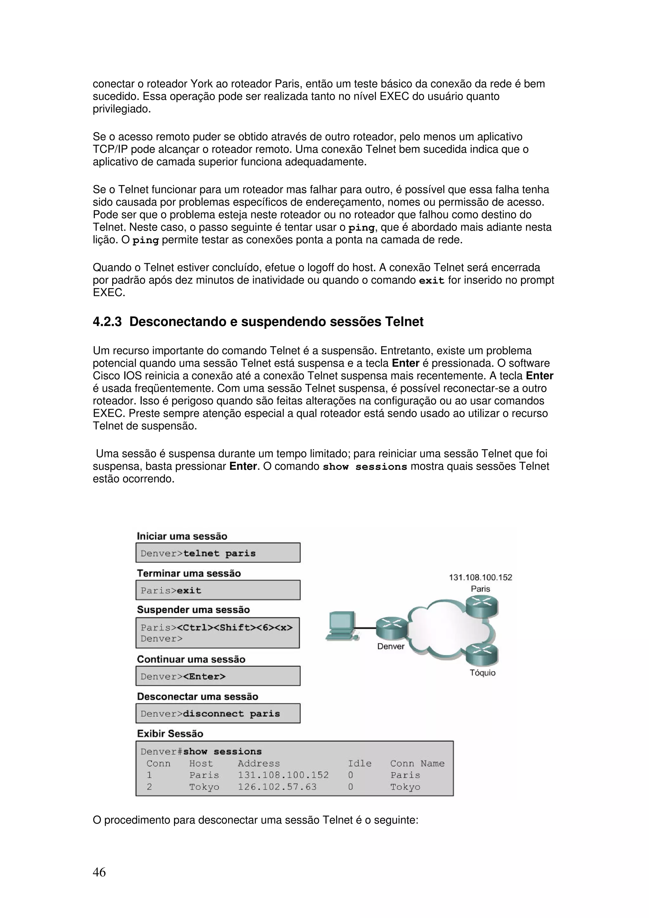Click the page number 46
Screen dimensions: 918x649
tap(99, 872)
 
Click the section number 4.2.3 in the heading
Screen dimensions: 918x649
tap(107, 322)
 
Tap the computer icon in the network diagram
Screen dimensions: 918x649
tap(341, 626)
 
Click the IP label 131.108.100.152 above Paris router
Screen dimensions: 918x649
tap(480, 577)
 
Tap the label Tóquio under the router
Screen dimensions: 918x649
tap(482, 673)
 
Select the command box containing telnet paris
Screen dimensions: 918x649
tap(218, 553)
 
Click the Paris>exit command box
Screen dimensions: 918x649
tap(218, 590)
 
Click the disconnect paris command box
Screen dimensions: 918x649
tap(218, 713)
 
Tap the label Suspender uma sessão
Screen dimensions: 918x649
tap(193, 610)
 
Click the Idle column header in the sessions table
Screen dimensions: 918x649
tap(359, 763)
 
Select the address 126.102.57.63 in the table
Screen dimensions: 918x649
tap(277, 787)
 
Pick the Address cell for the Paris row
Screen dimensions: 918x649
tap(283, 775)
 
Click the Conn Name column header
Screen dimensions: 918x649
tap(417, 763)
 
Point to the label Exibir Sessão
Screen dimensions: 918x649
tap(170, 733)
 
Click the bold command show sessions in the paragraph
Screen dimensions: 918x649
tap(365, 467)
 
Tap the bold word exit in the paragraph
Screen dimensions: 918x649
tap(432, 280)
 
